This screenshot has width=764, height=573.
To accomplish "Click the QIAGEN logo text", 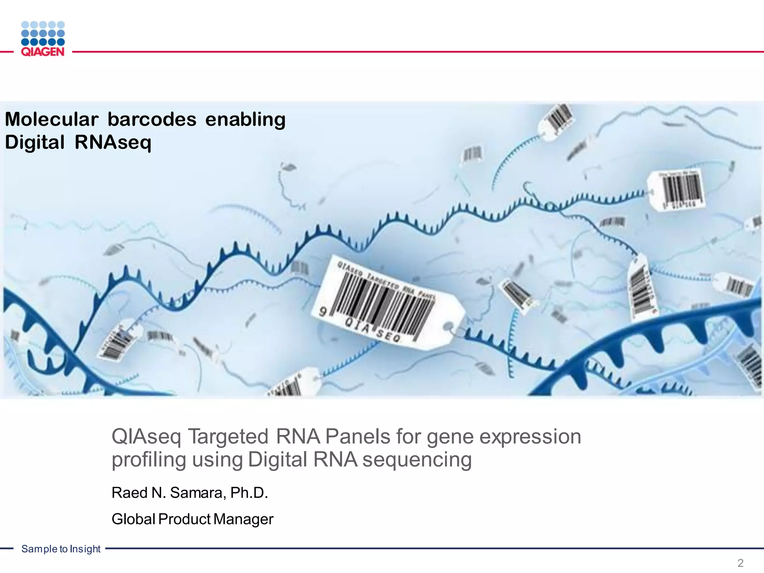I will click(43, 52).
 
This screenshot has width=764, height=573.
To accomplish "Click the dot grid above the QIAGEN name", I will click(43, 33).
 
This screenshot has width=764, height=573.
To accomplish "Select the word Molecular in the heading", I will click(51, 120).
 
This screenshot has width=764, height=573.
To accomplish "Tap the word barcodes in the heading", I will click(152, 120).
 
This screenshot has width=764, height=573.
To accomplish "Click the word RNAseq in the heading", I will click(113, 143).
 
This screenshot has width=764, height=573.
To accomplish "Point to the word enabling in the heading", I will click(245, 120).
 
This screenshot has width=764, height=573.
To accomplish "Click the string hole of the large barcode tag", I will click(450, 328).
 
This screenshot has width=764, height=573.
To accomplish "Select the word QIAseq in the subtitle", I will click(146, 437).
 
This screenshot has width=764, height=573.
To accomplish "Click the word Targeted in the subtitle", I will click(228, 437).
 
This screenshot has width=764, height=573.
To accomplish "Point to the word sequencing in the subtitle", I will click(417, 460).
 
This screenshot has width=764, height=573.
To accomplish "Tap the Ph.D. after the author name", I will click(249, 493).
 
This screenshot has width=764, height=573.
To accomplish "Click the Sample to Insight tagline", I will click(61, 549).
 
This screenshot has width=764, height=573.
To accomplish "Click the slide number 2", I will click(740, 563).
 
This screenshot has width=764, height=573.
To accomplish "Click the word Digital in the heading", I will click(35, 143).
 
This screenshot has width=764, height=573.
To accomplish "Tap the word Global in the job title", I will click(133, 519).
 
